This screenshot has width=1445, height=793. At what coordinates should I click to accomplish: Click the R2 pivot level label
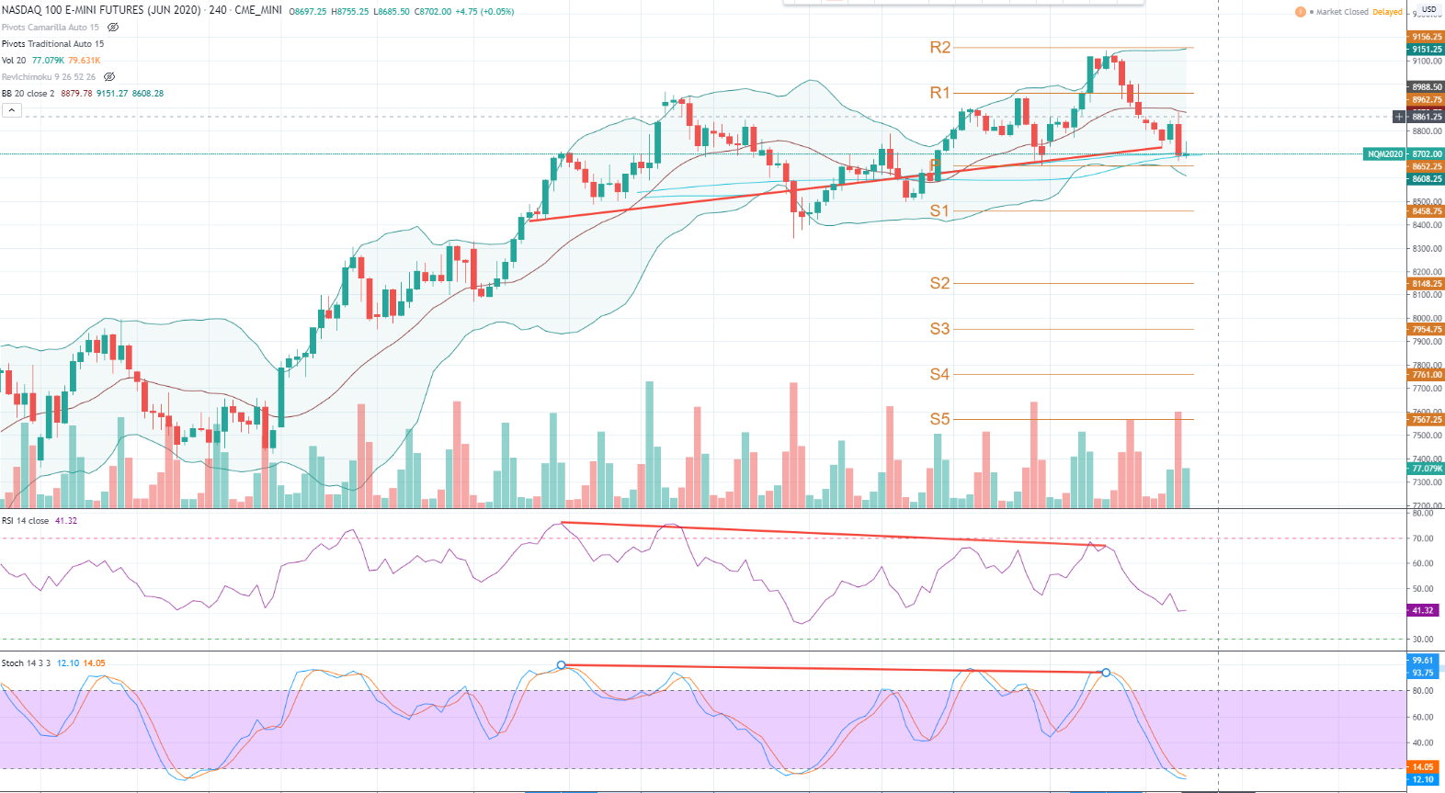pos(939,47)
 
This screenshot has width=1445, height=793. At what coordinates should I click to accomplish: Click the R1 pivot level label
pos(939,93)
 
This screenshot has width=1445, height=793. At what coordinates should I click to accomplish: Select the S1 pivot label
pos(939,210)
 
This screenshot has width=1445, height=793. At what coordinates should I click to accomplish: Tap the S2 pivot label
pos(939,283)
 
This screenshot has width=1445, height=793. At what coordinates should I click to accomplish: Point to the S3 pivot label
pos(939,328)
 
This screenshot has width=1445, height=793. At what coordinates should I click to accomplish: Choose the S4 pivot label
pos(939,374)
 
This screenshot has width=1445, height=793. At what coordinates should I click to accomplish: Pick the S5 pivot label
pos(939,419)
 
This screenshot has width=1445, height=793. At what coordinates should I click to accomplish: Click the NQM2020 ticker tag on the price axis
pos(1385,154)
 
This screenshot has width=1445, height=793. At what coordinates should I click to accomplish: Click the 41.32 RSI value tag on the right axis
pos(1423,610)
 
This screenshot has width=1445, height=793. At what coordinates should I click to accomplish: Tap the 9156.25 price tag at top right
pos(1427,38)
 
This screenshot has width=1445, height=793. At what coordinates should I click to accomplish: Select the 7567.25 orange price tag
pos(1427,420)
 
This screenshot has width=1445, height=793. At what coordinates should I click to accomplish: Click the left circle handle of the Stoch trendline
pos(562,664)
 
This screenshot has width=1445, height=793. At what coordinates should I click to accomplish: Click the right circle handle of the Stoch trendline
pos(1106,673)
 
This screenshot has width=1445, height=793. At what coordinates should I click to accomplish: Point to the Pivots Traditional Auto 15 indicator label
pos(52,44)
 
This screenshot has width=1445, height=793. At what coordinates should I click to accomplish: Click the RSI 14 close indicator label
pos(26,521)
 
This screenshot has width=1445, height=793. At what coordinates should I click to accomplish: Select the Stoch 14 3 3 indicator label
pos(27,663)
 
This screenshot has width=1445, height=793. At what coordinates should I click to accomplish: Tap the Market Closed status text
pos(1342,12)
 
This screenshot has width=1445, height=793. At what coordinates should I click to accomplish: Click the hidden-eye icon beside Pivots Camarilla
pos(113,28)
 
